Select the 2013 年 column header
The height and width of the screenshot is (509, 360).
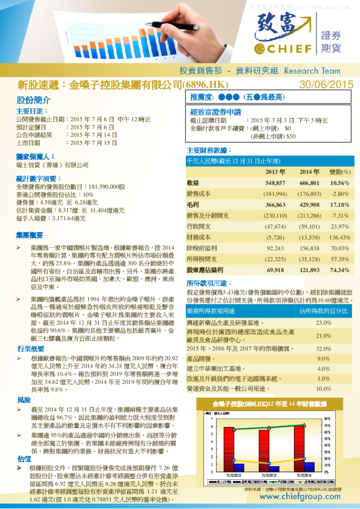coord(275,172)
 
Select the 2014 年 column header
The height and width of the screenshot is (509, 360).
coord(309,172)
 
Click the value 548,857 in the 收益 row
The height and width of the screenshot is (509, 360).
coord(275,183)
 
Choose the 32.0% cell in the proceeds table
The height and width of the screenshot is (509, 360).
coord(324,349)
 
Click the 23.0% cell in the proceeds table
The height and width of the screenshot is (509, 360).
coord(324,323)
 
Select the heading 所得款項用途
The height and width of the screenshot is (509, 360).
coord(209,283)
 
